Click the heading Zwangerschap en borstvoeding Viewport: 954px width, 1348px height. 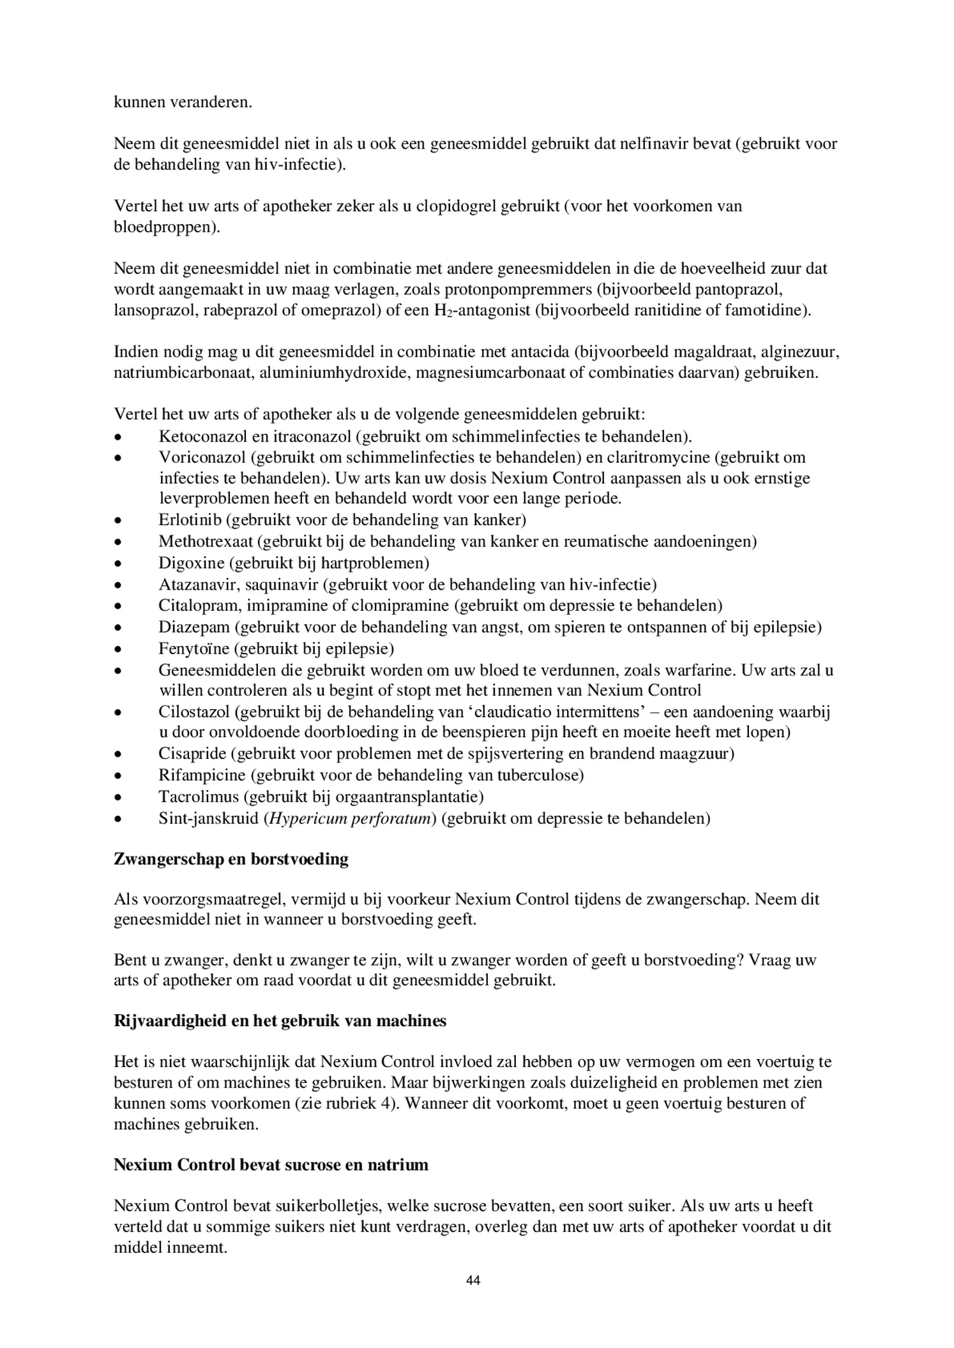231,859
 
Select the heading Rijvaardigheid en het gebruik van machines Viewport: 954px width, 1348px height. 280,1021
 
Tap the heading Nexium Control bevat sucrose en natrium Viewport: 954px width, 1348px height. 271,1165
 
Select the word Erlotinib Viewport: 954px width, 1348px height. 190,520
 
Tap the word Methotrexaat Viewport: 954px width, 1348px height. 207,541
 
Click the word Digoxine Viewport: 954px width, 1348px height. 192,563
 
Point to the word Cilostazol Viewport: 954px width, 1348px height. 193,712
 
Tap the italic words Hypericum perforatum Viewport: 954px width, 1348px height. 349,818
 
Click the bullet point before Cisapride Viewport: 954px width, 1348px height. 117,754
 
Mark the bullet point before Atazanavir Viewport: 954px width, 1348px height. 117,585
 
